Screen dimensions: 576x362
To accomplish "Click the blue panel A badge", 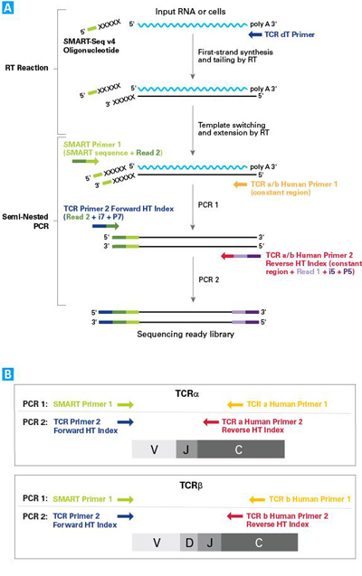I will [x=9, y=9].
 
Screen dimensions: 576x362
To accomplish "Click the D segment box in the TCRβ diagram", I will [x=186, y=543].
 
